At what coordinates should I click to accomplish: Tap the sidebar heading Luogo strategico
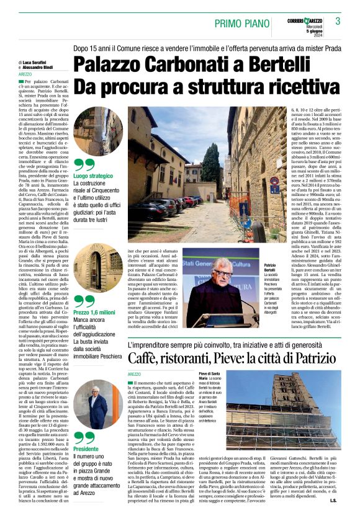pyautogui.click(x=94, y=176)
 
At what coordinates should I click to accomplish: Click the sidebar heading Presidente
pyautogui.click(x=86, y=448)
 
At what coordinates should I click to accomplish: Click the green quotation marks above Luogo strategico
pyautogui.click(x=84, y=165)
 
